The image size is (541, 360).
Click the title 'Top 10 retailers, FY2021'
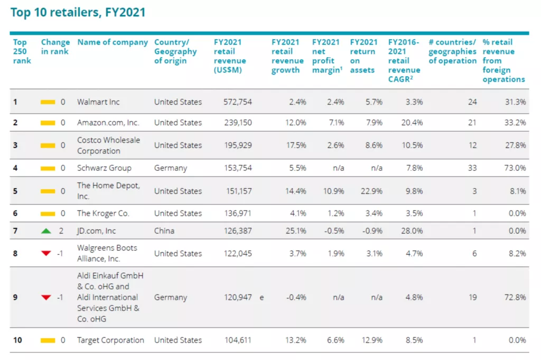point(78,12)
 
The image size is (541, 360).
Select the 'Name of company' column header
point(113,42)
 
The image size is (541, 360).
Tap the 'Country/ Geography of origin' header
point(175,51)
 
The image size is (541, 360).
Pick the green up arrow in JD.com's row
point(46,231)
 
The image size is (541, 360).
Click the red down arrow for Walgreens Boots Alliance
point(46,254)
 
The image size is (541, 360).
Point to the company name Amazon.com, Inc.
point(108,123)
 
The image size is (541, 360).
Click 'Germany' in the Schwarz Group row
point(170,168)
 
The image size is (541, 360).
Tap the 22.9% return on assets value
point(372,191)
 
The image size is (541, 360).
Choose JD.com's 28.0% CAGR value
point(412,231)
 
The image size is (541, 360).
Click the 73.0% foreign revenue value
point(515,168)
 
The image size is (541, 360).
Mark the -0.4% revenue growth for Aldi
point(296,298)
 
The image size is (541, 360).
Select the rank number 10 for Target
point(17,340)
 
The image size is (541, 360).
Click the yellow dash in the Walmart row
point(48,102)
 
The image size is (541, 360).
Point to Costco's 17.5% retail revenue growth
point(296,145)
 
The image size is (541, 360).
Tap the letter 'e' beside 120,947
point(261,298)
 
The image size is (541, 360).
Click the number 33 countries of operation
point(471,168)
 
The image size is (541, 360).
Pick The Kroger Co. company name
point(102,214)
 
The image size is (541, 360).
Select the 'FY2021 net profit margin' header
point(326,56)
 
